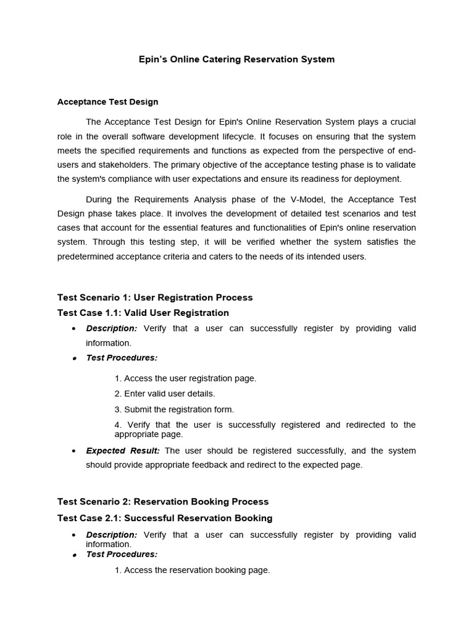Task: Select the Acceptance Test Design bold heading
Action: point(108,102)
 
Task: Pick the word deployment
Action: point(377,179)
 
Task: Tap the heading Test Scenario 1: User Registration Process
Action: point(155,297)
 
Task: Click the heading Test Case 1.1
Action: point(143,313)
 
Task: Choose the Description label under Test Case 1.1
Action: point(112,328)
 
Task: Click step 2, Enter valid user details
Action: point(165,394)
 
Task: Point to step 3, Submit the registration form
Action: point(174,409)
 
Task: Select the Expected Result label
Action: point(123,451)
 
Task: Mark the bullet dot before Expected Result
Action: point(74,451)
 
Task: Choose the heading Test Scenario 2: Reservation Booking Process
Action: point(163,501)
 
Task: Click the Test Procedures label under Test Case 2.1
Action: point(122,554)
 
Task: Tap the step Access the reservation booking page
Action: point(192,570)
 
